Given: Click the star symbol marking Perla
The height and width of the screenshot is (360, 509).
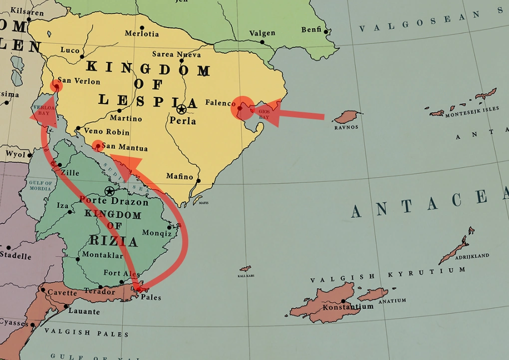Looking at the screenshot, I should click(181, 109).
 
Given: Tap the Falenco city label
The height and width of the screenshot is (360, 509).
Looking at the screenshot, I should click(220, 103).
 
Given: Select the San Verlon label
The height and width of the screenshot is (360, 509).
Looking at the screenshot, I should click(79, 81).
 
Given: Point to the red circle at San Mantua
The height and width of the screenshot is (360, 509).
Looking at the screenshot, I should click(98, 146).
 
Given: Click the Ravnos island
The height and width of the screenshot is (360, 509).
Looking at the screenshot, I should click(346, 117).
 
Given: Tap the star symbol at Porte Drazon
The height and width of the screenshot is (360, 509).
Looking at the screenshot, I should click(109, 191).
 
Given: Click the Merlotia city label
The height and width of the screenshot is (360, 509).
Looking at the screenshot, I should click(142, 33).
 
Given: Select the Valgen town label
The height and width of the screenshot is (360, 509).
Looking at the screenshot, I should click(262, 33).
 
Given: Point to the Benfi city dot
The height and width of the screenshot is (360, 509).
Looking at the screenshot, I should click(326, 32).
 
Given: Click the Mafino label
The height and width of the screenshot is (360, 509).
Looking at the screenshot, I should click(180, 176).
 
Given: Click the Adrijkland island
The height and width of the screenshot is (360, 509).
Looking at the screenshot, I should click(455, 248).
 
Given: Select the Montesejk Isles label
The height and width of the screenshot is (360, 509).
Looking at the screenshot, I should click(472, 109).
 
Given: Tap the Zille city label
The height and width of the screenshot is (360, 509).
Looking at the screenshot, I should click(70, 173).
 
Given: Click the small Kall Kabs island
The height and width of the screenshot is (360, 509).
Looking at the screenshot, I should click(245, 269).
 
